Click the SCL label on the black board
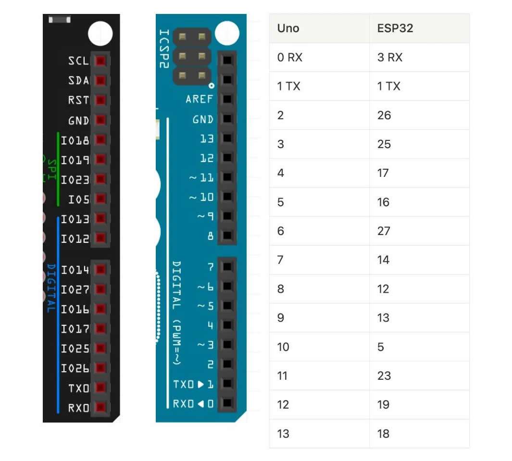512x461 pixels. (x=78, y=61)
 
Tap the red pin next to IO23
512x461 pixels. (x=100, y=179)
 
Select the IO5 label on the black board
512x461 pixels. (x=79, y=199)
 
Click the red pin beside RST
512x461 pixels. (x=100, y=100)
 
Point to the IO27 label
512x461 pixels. (x=75, y=289)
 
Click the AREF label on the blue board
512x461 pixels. (x=200, y=100)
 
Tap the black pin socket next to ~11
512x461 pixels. (x=227, y=178)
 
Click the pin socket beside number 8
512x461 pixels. (x=227, y=236)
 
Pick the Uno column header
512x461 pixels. (x=288, y=28)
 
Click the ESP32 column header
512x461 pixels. (x=395, y=28)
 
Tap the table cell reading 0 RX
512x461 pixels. (x=290, y=58)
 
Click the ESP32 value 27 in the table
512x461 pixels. (x=384, y=231)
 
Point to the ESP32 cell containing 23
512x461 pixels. (x=384, y=376)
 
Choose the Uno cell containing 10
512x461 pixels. (x=283, y=347)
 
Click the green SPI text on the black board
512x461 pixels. (x=51, y=169)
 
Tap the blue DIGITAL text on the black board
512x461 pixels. (x=50, y=288)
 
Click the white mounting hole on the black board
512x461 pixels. (x=100, y=33)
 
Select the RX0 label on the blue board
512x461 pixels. (x=184, y=404)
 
